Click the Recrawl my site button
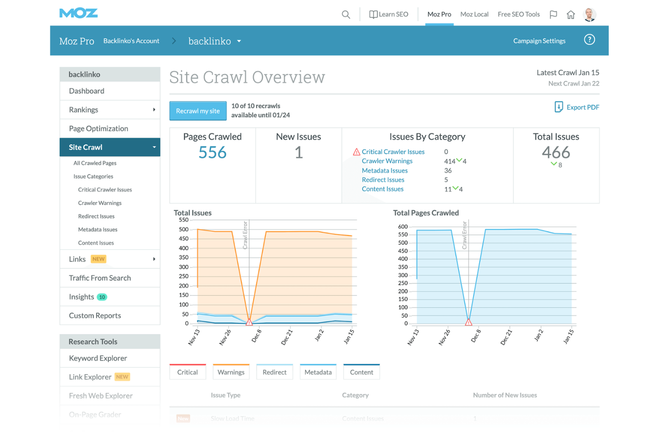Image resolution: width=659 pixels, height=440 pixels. pyautogui.click(x=198, y=111)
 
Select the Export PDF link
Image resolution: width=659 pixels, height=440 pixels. pyautogui.click(x=577, y=107)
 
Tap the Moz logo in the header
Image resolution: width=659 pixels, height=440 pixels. pyautogui.click(x=78, y=13)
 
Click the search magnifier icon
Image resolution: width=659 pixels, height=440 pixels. pyautogui.click(x=346, y=14)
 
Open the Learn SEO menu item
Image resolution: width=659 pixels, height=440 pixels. pyautogui.click(x=389, y=14)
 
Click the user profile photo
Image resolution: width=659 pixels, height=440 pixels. pyautogui.click(x=590, y=14)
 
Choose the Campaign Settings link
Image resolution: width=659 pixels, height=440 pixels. pyautogui.click(x=539, y=41)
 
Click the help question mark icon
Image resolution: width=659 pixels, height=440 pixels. pyautogui.click(x=589, y=40)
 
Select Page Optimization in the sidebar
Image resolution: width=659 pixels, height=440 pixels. pyautogui.click(x=98, y=128)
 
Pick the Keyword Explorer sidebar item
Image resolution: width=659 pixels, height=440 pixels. pyautogui.click(x=98, y=358)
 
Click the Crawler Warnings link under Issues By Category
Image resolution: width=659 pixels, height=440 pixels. pyautogui.click(x=387, y=161)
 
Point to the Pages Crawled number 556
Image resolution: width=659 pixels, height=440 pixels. pyautogui.click(x=212, y=152)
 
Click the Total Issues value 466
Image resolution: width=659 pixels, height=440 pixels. pyautogui.click(x=556, y=152)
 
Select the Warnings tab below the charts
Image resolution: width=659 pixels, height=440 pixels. pyautogui.click(x=231, y=372)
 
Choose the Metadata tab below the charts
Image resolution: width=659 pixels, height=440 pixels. pyautogui.click(x=318, y=372)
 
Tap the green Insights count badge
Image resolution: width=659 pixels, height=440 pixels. pyautogui.click(x=102, y=297)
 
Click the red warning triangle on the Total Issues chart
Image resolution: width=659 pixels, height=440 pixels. pyautogui.click(x=249, y=322)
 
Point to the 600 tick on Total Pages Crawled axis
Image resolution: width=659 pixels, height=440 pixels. pyautogui.click(x=403, y=226)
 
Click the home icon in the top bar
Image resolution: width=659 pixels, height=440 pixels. pyautogui.click(x=570, y=15)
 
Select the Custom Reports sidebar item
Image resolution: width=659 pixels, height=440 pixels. pyautogui.click(x=95, y=316)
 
